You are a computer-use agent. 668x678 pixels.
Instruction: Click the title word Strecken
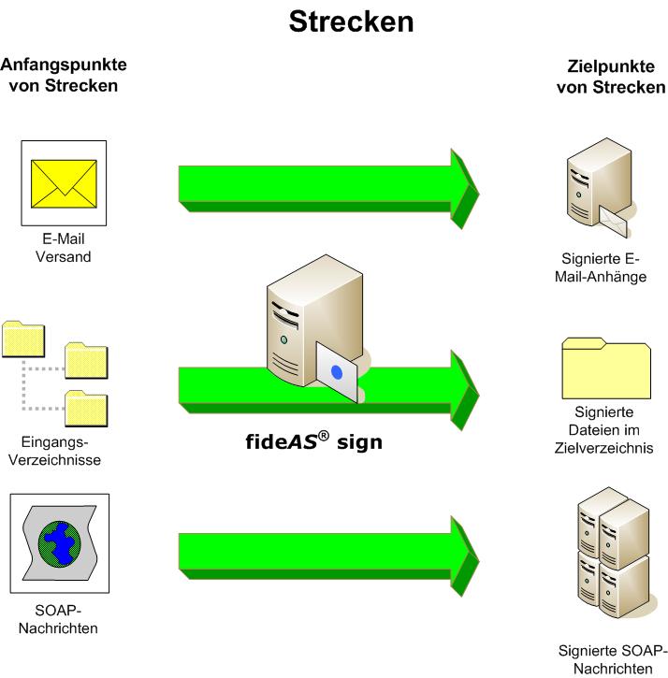[351, 22]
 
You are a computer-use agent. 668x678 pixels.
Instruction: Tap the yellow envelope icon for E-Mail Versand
[64, 183]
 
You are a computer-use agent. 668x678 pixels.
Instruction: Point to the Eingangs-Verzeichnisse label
[60, 451]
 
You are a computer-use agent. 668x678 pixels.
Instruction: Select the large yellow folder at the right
[605, 368]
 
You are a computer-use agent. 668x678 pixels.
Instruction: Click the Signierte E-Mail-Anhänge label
[604, 267]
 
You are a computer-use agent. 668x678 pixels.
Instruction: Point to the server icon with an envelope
[597, 191]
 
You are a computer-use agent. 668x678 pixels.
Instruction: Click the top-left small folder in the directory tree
[24, 339]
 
